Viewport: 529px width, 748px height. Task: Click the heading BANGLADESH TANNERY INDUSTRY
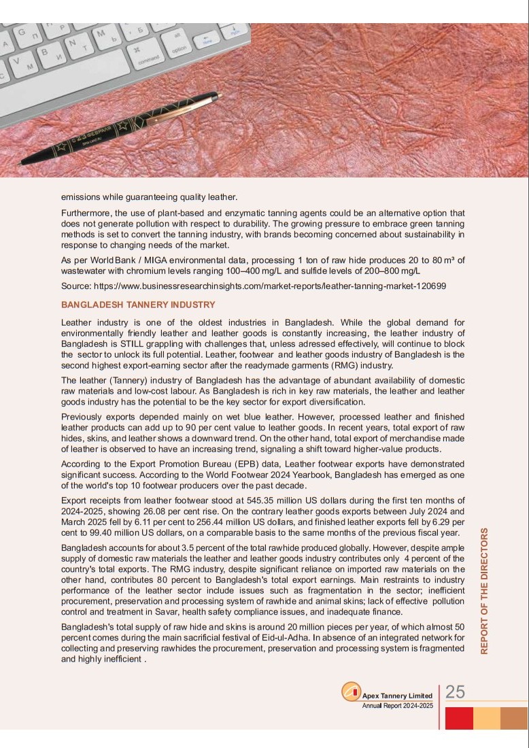point(138,305)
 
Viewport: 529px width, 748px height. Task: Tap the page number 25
point(456,692)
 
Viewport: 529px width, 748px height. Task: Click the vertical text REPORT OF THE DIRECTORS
point(484,591)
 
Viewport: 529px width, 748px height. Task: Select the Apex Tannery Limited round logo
point(351,693)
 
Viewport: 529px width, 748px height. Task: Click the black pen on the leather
point(120,129)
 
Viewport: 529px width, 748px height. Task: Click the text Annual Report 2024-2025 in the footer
point(397,707)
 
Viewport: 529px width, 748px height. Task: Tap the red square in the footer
point(460,718)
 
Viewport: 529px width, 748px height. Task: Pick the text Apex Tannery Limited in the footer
point(397,696)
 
